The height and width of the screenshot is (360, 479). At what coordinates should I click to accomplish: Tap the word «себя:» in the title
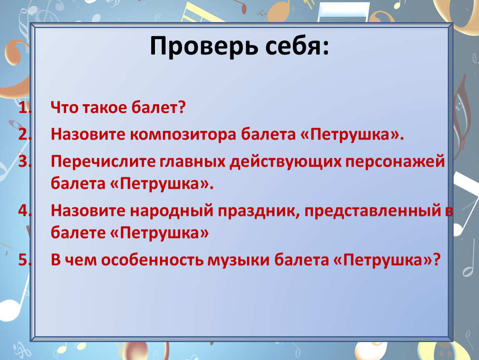click(x=297, y=46)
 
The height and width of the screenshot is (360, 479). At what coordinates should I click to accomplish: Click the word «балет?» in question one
click(x=159, y=107)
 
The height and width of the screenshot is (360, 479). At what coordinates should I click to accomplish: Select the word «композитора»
click(x=183, y=135)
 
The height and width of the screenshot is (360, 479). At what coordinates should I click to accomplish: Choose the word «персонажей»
click(x=395, y=162)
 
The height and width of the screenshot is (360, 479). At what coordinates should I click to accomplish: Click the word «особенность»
click(x=152, y=260)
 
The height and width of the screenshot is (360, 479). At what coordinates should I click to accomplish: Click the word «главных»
click(x=192, y=162)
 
